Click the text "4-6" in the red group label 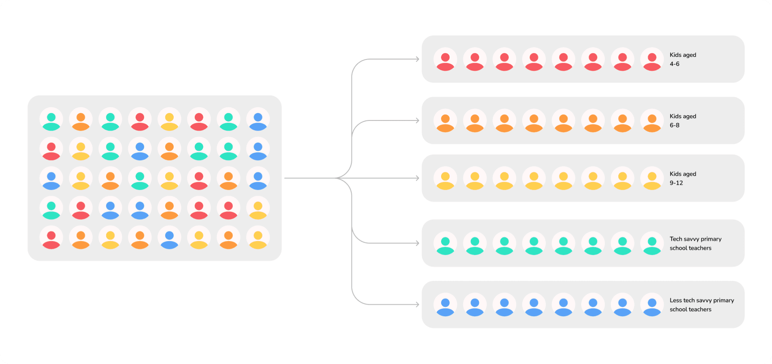pyautogui.click(x=674, y=64)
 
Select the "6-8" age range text pyautogui.click(x=674, y=125)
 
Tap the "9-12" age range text pyautogui.click(x=676, y=183)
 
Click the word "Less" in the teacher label pyautogui.click(x=675, y=300)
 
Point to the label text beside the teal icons pyautogui.click(x=695, y=244)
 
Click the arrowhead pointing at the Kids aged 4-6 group pyautogui.click(x=417, y=59)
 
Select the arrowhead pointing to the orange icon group pyautogui.click(x=417, y=120)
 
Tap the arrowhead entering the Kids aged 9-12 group pyautogui.click(x=417, y=178)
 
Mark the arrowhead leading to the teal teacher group pyautogui.click(x=417, y=243)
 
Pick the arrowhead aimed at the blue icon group pyautogui.click(x=417, y=305)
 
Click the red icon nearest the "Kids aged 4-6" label pyautogui.click(x=652, y=59)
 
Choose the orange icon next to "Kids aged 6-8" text pyautogui.click(x=652, y=121)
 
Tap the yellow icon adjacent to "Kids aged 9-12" pyautogui.click(x=652, y=178)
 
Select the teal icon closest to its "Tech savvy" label pyautogui.click(x=652, y=244)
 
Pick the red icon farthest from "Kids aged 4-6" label pyautogui.click(x=445, y=59)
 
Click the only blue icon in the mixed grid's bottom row pyautogui.click(x=169, y=238)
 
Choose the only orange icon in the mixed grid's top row pyautogui.click(x=81, y=119)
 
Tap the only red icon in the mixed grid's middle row pyautogui.click(x=199, y=178)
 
